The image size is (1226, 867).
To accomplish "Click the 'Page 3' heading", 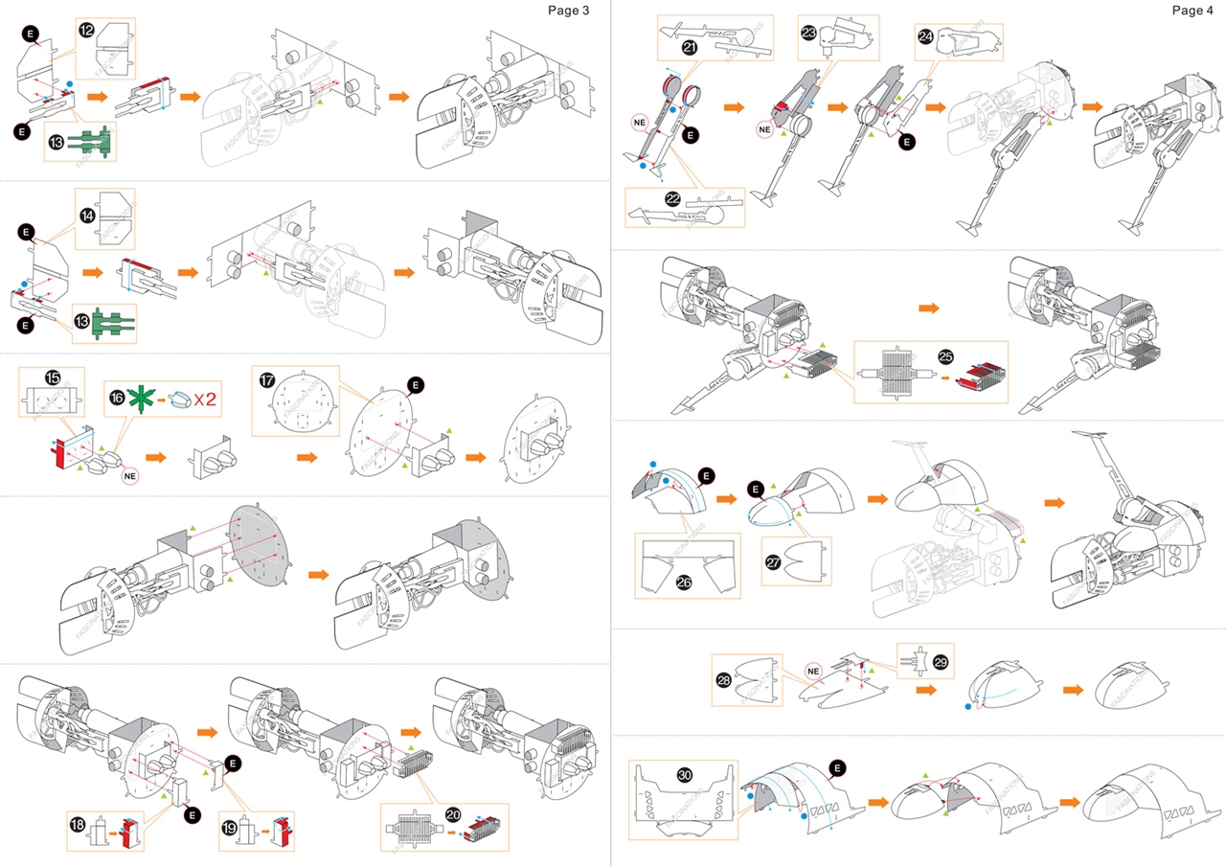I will point(568,11).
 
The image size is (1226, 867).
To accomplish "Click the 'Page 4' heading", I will point(1192,11).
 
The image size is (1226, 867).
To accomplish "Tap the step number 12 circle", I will point(86,31).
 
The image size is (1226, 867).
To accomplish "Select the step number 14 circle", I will point(86,217).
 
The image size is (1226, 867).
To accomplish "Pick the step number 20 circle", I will point(453,814).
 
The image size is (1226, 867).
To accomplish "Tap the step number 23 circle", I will point(808,33).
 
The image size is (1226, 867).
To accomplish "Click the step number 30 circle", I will point(685,774).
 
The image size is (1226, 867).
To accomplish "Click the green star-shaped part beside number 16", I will point(140,398).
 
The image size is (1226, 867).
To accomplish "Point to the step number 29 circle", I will point(940,663).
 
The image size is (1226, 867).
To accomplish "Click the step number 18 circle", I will point(78,822).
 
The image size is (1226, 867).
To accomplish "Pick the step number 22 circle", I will point(672,198).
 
